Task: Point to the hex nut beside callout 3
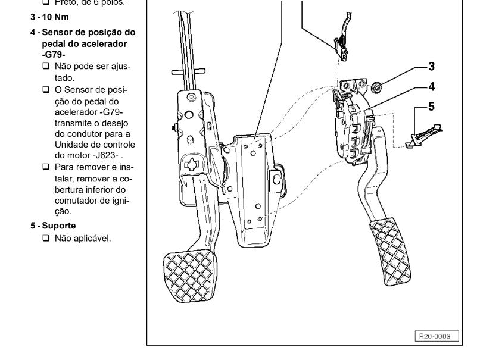point(377,89)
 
